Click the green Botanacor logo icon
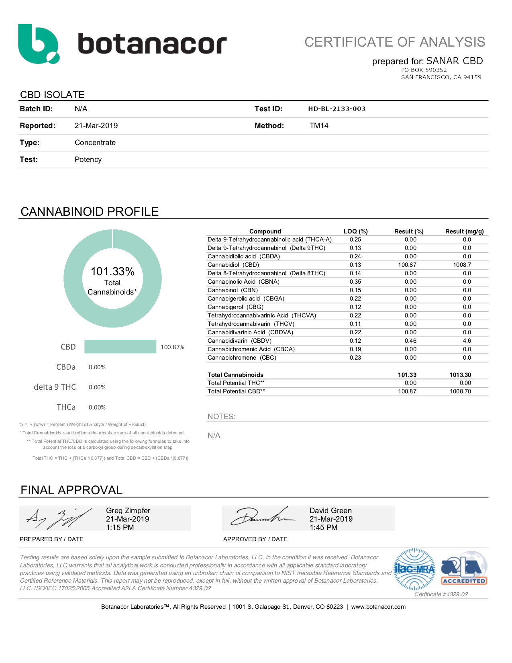(39, 44)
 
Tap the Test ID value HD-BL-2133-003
(337, 109)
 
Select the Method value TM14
(319, 126)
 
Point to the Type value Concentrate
(95, 143)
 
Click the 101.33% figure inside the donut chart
(112, 272)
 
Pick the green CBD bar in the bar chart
(120, 347)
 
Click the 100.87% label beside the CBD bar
(172, 347)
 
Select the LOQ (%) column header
(355, 231)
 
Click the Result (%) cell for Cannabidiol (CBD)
(407, 265)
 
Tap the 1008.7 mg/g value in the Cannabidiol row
(462, 265)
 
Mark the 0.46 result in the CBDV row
(410, 341)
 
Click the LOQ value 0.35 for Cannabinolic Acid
(355, 282)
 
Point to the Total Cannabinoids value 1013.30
(460, 375)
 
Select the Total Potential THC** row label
(236, 383)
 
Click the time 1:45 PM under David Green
(323, 528)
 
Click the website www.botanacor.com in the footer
(378, 607)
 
